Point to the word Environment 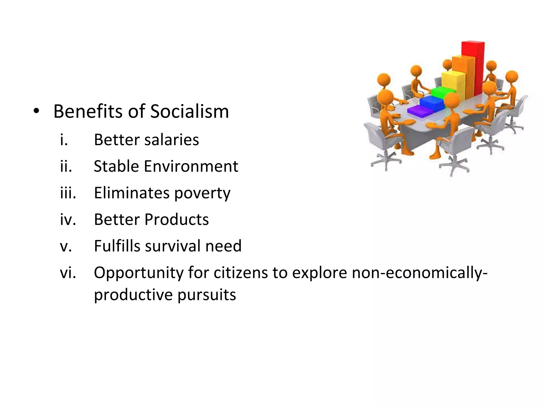(x=191, y=166)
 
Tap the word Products (x=177, y=219)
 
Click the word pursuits (x=207, y=295)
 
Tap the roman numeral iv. (x=68, y=219)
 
